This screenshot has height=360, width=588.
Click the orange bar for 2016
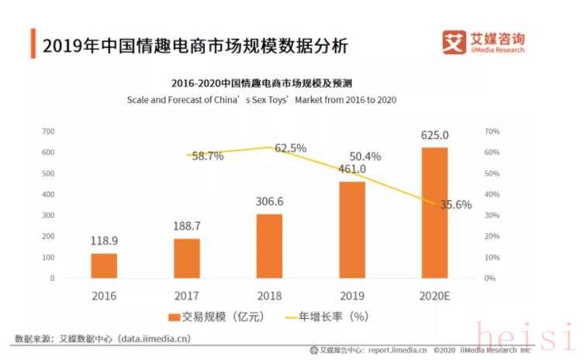coord(104,265)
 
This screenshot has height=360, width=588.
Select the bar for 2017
coord(186,258)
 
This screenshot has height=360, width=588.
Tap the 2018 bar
coord(269,245)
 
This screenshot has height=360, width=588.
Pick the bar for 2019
coord(351,230)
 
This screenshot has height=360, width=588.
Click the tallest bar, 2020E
coord(434,213)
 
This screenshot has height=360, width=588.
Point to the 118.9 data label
coord(104,241)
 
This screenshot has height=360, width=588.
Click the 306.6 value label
coord(269,202)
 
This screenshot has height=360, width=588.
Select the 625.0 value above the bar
coord(434,135)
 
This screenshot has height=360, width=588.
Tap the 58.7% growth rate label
coord(208,156)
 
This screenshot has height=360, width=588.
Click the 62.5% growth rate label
coord(291,147)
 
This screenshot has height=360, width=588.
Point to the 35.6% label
coord(456,205)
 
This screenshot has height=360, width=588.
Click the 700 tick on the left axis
coord(47,131)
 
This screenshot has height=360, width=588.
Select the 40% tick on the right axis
coord(489,194)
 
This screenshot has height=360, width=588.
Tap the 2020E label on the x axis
coord(434,296)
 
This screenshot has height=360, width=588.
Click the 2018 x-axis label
coord(269,296)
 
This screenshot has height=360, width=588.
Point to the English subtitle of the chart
coord(262,100)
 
